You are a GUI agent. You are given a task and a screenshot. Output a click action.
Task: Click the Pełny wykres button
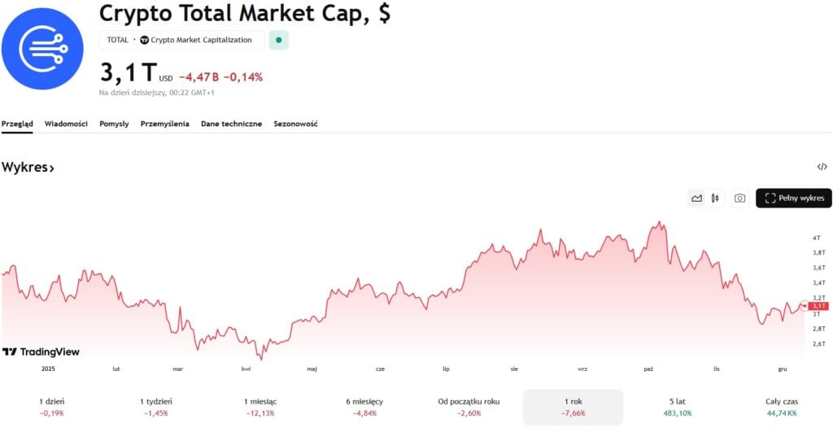793,198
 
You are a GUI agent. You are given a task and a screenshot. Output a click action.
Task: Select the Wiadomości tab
66,124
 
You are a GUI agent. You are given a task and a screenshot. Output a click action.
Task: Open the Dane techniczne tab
231,124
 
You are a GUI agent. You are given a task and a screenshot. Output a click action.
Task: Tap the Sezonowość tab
295,124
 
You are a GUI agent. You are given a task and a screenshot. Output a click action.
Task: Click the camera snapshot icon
739,198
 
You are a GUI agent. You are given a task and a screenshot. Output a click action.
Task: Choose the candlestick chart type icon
715,198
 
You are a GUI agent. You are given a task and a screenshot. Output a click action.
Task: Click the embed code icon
822,167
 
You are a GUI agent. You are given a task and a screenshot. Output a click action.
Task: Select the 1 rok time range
573,407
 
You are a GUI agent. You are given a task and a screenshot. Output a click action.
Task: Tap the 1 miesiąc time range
260,407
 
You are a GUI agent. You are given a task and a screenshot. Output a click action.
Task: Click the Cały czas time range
781,407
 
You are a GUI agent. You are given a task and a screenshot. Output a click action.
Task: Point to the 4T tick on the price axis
816,238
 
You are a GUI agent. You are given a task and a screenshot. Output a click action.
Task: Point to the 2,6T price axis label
818,343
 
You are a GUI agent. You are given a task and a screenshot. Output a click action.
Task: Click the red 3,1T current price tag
818,306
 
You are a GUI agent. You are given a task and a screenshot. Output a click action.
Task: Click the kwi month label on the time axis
246,369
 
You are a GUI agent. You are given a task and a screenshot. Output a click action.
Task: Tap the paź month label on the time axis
648,369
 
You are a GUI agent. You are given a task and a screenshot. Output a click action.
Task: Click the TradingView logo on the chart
41,352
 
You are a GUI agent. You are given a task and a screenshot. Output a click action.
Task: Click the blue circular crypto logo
42,49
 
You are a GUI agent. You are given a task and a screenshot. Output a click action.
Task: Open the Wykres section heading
28,168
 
